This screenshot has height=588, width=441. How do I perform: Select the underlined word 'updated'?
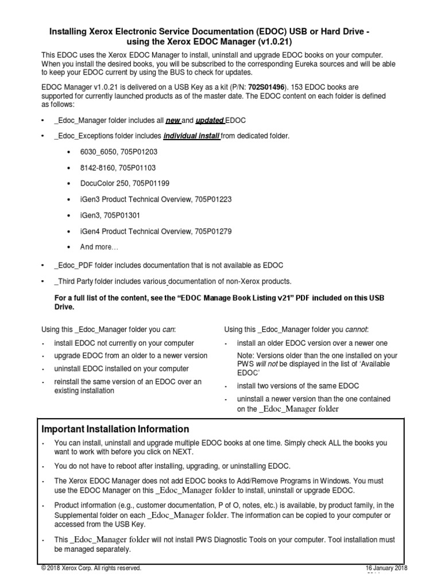point(210,120)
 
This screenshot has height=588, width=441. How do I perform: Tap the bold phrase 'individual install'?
point(192,136)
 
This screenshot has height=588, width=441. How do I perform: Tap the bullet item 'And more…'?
point(99,247)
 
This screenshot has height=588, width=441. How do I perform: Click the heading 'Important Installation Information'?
point(115,429)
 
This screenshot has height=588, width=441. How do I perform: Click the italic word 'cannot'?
point(356,329)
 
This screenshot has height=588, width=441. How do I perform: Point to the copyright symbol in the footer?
point(44,568)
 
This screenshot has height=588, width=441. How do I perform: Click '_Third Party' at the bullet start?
point(75,281)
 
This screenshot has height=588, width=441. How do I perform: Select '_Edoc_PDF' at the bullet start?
point(72,265)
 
